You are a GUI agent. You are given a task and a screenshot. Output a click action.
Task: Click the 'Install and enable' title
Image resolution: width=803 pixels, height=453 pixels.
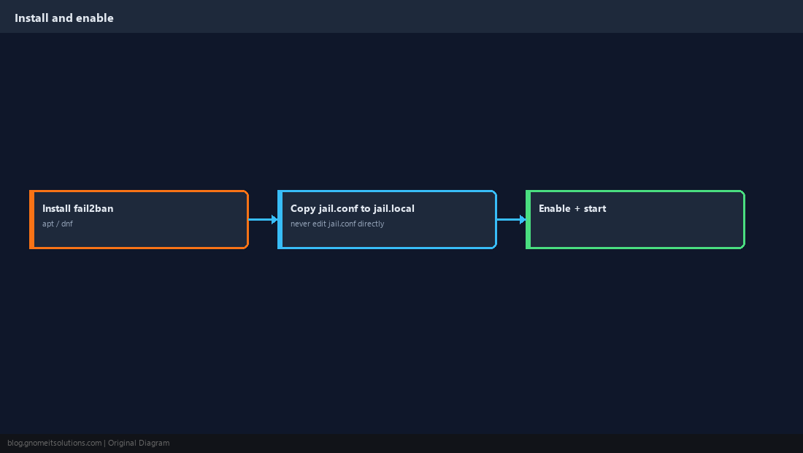64,18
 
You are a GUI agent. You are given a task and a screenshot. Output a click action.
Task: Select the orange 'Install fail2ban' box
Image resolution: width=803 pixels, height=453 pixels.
139,219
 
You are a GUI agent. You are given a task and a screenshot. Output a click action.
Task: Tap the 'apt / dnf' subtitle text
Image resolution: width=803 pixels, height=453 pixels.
58,224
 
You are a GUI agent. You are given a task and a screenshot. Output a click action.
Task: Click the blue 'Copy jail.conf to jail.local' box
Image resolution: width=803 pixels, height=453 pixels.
387,219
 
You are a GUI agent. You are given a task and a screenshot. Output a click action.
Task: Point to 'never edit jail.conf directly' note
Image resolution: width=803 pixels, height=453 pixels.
337,224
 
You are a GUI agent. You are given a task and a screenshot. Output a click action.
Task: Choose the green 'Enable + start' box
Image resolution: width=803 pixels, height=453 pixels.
635,219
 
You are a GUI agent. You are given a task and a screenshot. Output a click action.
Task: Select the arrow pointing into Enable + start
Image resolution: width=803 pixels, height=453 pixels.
511,219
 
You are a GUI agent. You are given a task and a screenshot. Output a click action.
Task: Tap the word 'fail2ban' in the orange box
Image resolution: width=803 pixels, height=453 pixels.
93,208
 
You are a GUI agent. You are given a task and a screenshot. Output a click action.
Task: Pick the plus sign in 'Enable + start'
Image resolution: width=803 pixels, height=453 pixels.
577,208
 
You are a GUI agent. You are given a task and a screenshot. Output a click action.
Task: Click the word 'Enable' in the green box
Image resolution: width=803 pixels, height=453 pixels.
555,208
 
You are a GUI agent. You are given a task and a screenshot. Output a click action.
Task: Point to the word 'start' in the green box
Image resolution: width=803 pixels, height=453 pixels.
595,208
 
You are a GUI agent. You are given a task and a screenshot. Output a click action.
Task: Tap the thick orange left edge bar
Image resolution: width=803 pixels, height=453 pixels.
31,219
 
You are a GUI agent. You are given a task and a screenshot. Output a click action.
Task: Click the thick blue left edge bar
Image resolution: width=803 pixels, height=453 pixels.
280,219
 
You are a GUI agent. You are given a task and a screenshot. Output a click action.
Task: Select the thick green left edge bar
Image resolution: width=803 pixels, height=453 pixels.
528,219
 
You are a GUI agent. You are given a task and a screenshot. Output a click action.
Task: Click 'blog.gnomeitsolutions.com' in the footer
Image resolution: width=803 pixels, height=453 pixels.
54,444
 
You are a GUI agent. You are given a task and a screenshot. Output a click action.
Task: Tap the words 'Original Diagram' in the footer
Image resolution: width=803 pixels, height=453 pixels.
139,444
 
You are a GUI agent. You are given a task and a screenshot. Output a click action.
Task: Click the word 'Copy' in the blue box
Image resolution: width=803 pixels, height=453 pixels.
303,209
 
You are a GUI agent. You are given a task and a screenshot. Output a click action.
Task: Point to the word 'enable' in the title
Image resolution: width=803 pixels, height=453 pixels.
95,18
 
